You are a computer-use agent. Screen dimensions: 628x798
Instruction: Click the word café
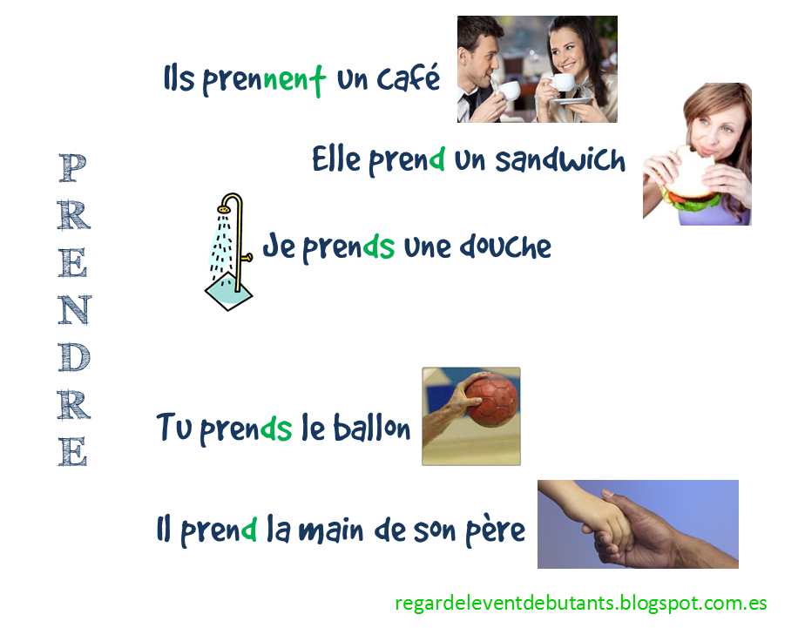coord(409,80)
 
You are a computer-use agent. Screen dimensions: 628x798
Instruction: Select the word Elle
coord(335,160)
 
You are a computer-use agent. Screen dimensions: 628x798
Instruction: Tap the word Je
coord(279,247)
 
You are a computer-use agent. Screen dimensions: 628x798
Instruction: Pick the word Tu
coord(172,428)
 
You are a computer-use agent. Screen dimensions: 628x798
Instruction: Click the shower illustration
coord(230,253)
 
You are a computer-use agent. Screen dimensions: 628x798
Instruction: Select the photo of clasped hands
coord(637,523)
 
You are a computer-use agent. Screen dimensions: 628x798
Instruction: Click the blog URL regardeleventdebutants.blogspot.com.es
coord(580,602)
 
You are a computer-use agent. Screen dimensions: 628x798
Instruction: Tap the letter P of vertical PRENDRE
coord(73,168)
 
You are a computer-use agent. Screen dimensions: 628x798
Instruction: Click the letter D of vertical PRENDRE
coord(73,357)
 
